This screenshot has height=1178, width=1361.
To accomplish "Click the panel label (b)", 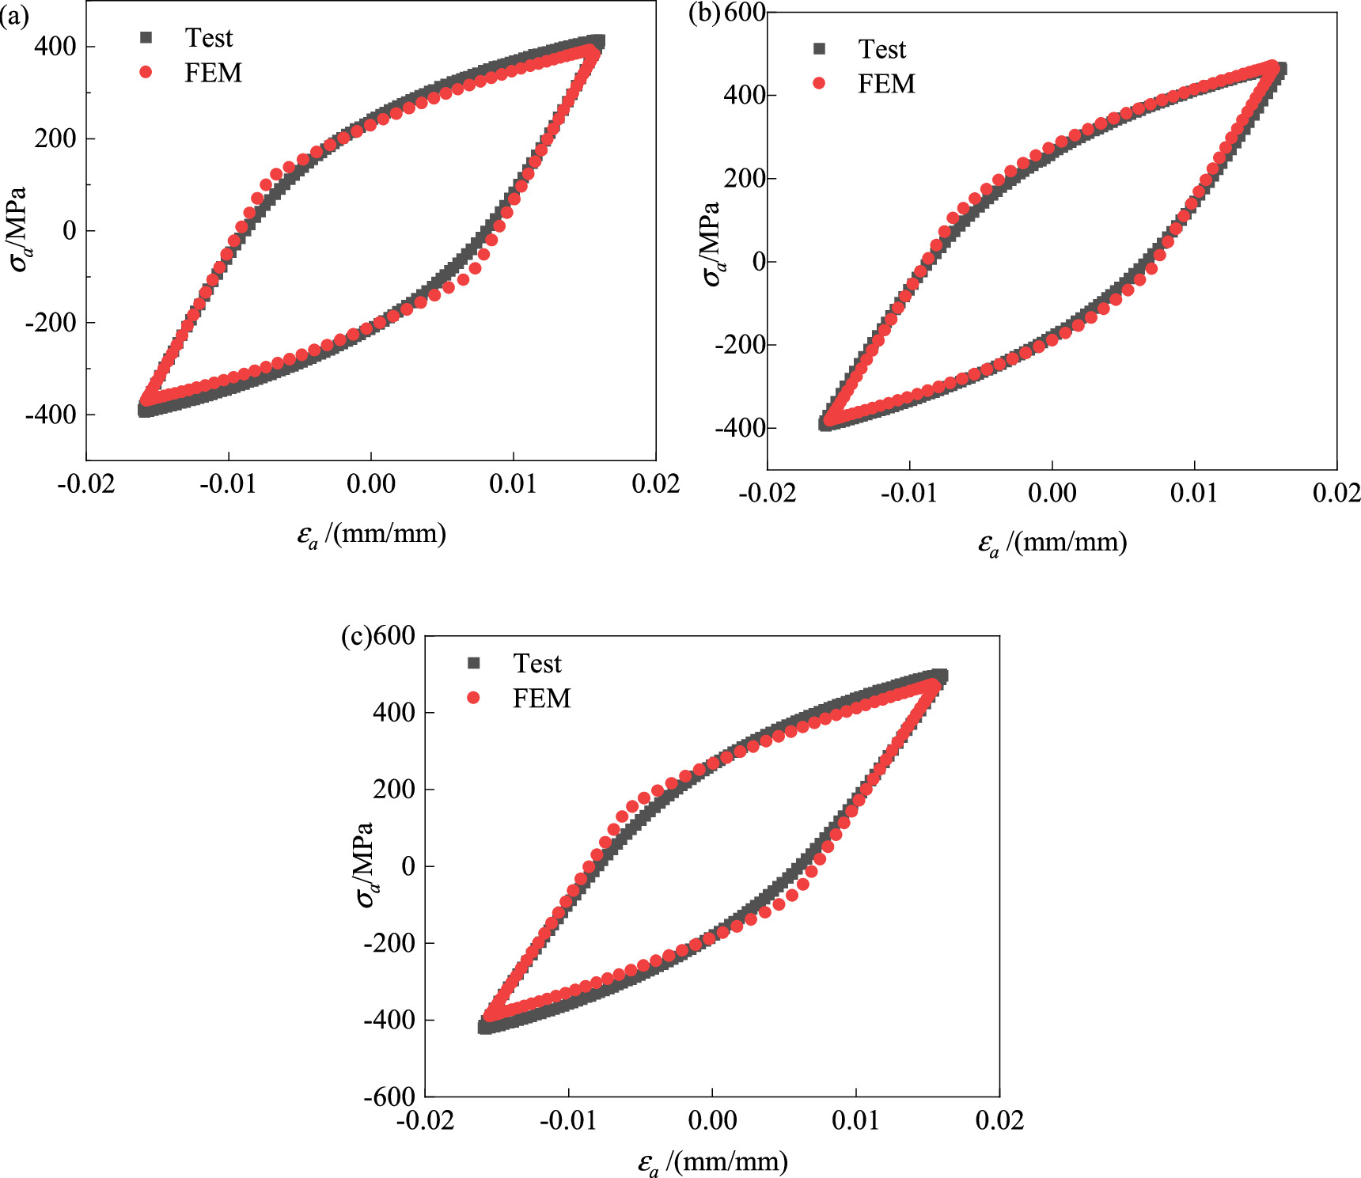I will click(x=704, y=13).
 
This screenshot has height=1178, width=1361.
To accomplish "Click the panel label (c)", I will click(x=356, y=636).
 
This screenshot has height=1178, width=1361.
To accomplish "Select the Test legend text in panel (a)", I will click(x=209, y=38).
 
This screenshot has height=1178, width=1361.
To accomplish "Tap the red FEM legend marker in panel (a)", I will click(x=146, y=73).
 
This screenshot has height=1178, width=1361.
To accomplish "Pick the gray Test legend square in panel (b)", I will click(x=819, y=49).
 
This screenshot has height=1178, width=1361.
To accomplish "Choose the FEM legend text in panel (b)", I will click(x=886, y=84).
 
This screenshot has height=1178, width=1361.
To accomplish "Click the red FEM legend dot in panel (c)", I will click(x=474, y=698).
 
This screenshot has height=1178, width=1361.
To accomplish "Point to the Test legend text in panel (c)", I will click(x=537, y=664).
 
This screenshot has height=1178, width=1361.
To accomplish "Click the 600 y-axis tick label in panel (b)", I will click(x=745, y=13).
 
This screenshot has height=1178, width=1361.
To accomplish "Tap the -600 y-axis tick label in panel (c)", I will click(x=389, y=1097).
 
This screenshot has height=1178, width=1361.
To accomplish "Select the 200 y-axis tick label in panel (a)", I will click(x=55, y=138).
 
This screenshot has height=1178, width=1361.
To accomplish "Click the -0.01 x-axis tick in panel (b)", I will click(x=908, y=494).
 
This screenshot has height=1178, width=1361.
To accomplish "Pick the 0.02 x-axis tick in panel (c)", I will click(x=999, y=1120).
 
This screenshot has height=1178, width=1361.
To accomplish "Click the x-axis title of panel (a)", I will click(x=371, y=535).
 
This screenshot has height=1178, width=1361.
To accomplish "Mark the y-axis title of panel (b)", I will click(x=711, y=243).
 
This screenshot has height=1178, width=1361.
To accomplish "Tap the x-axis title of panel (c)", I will click(x=712, y=1162).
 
